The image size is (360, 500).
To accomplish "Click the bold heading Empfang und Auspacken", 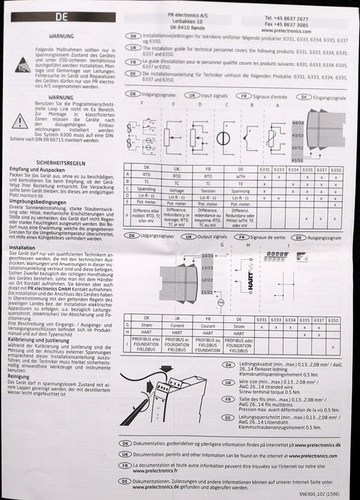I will (x=41, y=169).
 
